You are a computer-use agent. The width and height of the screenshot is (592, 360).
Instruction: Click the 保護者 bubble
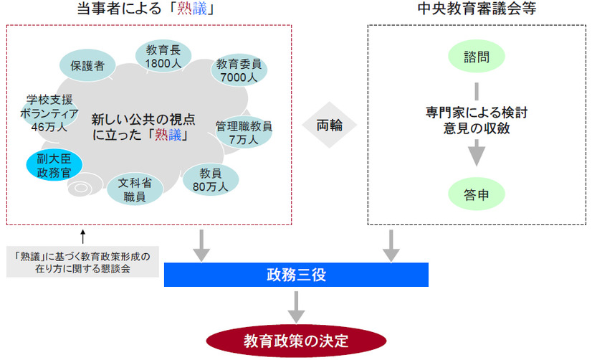point(87,65)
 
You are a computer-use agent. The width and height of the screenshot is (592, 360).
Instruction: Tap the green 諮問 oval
point(477,57)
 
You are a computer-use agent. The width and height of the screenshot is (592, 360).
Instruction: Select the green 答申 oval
point(477,194)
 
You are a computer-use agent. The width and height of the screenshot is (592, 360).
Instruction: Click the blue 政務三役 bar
point(296,274)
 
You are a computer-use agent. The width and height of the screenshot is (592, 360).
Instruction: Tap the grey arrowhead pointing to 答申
point(477,153)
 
